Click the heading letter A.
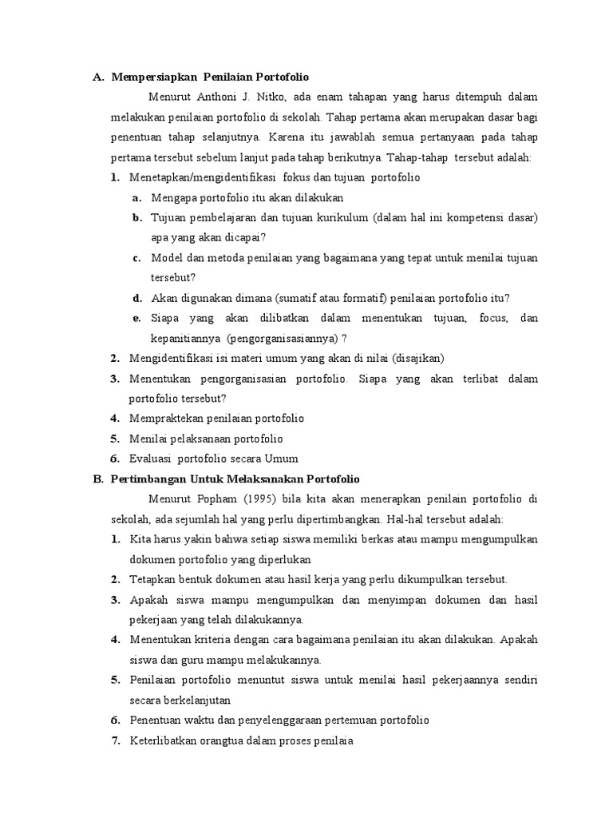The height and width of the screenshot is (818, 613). point(97,77)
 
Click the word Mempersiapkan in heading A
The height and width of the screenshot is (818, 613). point(154,77)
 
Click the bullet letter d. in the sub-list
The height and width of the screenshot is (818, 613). point(137,298)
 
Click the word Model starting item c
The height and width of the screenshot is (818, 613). point(166,257)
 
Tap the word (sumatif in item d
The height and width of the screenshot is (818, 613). point(299,298)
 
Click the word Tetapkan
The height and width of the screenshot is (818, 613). point(152,579)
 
